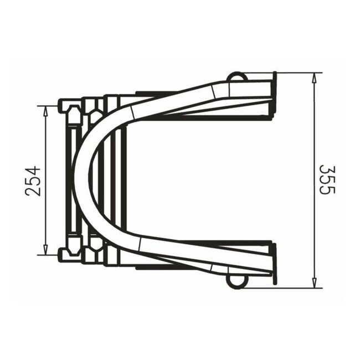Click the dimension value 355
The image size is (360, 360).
(327, 180)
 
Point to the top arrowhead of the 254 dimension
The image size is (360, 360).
(45, 110)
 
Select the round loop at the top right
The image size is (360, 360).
(236, 76)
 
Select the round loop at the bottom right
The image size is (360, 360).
(236, 282)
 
